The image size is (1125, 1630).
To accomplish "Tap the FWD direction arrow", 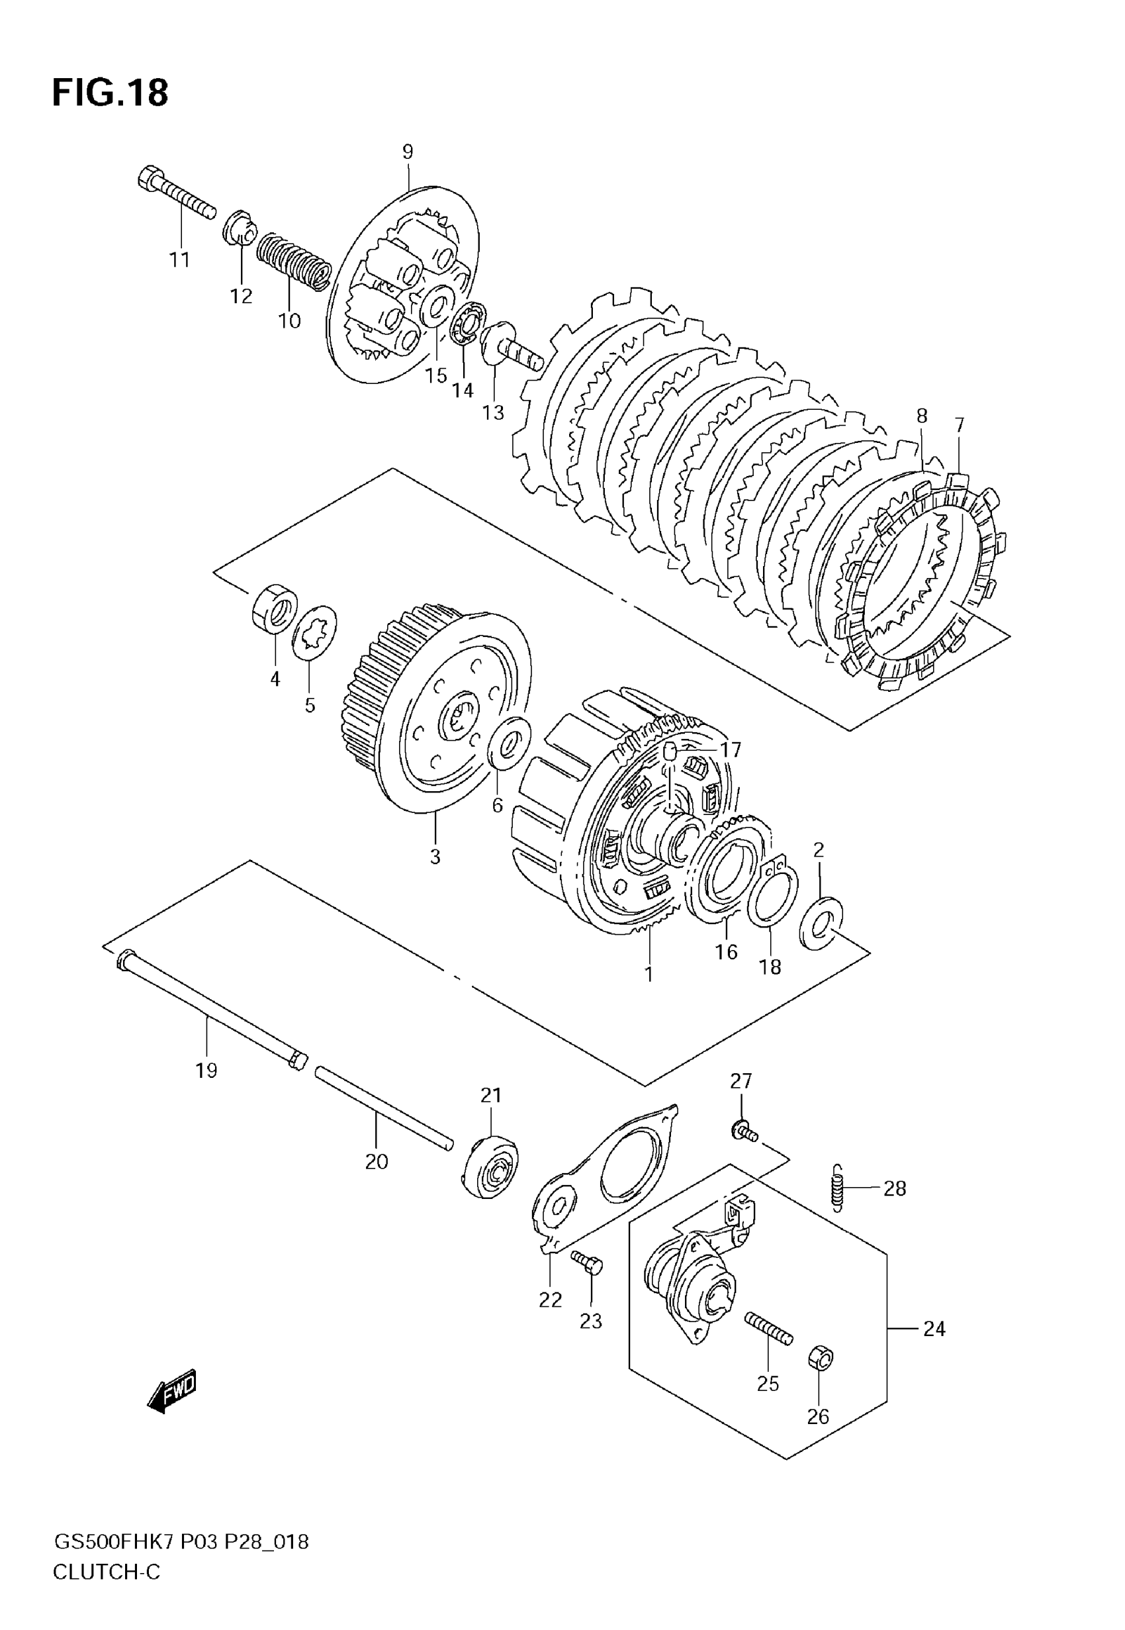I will [171, 1390].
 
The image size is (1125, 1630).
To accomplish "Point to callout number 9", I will [408, 152].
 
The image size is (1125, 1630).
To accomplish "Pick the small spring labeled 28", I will [837, 1188].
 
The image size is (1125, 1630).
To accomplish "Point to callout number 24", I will [934, 1329].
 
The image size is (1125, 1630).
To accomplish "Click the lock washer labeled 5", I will [314, 631].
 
